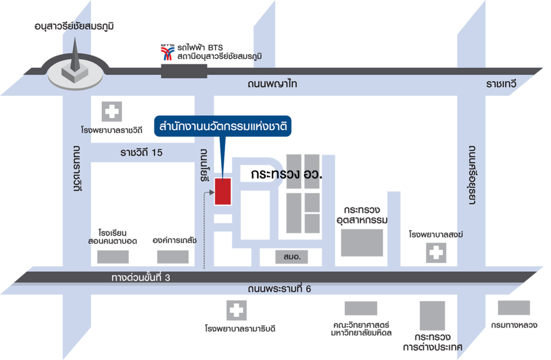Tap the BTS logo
tap(168, 52)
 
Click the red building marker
tap(223, 191)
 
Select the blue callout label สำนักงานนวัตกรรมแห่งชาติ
tap(222, 126)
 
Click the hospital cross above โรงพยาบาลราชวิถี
tap(112, 112)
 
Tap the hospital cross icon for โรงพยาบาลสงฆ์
tap(436, 253)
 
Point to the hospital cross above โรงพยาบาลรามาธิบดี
tap(236, 310)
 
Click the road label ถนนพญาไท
tap(272, 83)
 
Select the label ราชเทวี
tap(501, 83)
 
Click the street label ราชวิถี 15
tap(142, 152)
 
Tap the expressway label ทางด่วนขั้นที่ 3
tap(140, 277)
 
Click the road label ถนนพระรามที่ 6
tap(279, 288)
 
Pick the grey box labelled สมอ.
tap(291, 257)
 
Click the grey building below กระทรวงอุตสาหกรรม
tap(362, 243)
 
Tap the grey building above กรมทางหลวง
tap(514, 308)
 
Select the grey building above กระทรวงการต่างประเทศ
tap(432, 315)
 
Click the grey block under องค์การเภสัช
tap(173, 257)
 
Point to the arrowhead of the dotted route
tap(211, 192)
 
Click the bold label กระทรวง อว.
tap(286, 174)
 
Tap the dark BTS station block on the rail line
tap(184, 71)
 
